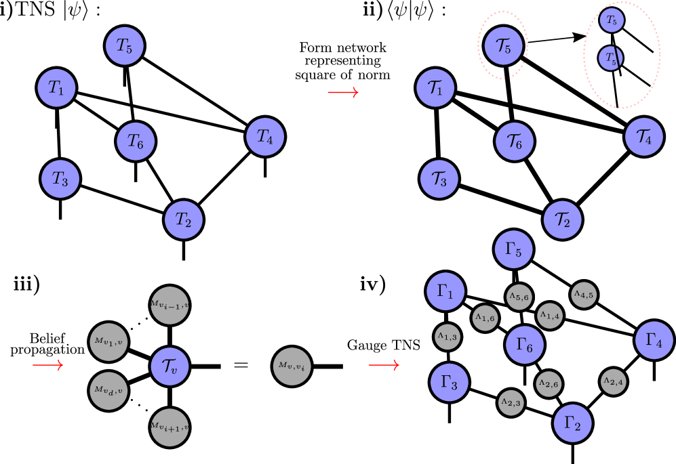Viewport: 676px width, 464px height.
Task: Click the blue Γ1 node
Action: pyautogui.click(x=445, y=291)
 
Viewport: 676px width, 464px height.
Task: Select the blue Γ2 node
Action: pyautogui.click(x=573, y=423)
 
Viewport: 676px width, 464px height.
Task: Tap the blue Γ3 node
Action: pyautogui.click(x=450, y=382)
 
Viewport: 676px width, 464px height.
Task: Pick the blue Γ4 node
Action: pyautogui.click(x=654, y=340)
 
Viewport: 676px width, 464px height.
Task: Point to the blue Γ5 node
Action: pyautogui.click(x=514, y=249)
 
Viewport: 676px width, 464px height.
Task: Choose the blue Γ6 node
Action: pyautogui.click(x=525, y=345)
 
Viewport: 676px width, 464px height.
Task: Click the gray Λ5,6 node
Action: pyautogui.click(x=519, y=297)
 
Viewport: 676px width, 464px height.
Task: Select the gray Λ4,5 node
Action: pyautogui.click(x=584, y=295)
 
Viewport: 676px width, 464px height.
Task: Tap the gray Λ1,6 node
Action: pyautogui.click(x=485, y=318)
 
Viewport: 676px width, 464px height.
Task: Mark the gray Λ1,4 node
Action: pyautogui.click(x=550, y=316)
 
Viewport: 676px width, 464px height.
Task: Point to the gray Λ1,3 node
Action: pyautogui.click(x=448, y=337)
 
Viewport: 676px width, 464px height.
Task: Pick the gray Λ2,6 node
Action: pyautogui.click(x=549, y=384)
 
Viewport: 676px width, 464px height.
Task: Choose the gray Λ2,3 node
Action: pyautogui.click(x=511, y=403)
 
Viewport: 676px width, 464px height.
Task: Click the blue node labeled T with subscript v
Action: pyautogui.click(x=170, y=366)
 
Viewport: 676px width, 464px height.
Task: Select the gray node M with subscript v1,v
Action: pyautogui.click(x=108, y=342)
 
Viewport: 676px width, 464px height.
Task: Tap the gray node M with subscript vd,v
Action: pyautogui.click(x=108, y=391)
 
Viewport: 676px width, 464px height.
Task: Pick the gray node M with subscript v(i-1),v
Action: pyautogui.click(x=170, y=305)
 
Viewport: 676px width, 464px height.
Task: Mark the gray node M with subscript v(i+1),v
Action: pyautogui.click(x=170, y=427)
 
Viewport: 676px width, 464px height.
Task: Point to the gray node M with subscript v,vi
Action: pyautogui.click(x=292, y=366)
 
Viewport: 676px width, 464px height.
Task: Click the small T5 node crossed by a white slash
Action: pyautogui.click(x=610, y=58)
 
